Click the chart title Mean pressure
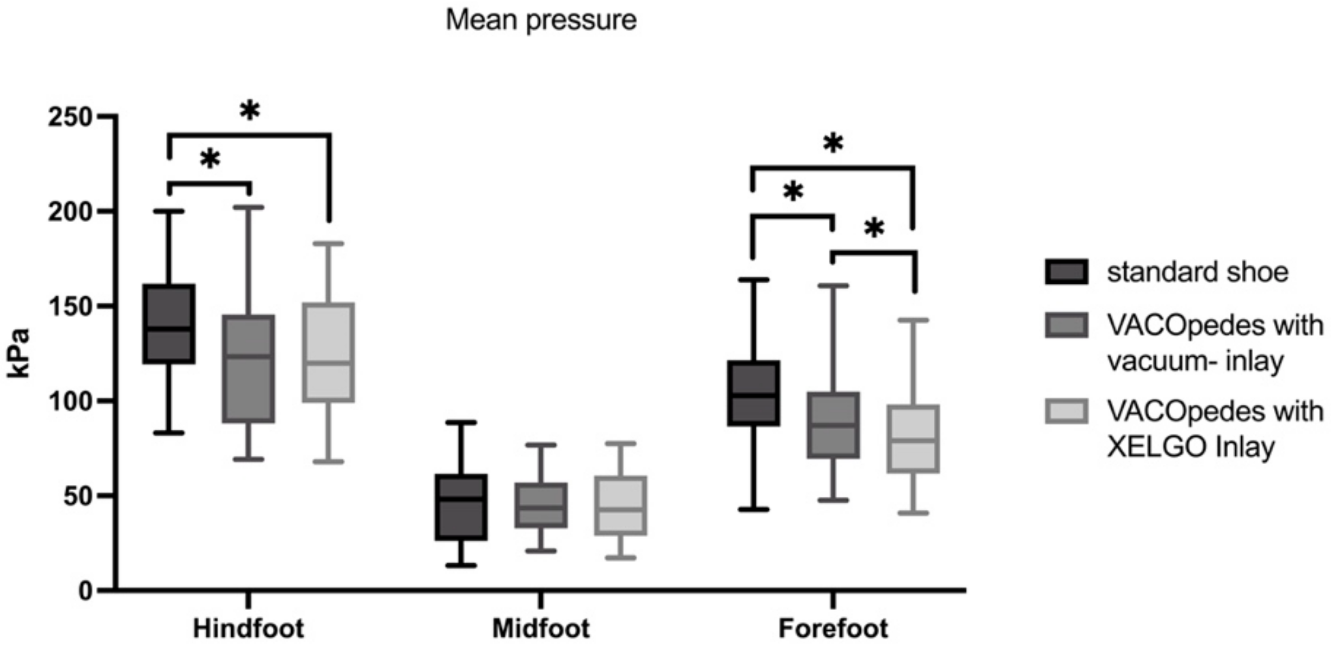point(541,21)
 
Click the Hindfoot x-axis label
point(249,629)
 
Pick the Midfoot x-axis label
point(541,629)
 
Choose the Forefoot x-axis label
point(833,629)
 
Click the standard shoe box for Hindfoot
point(169,324)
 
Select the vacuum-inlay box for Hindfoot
point(249,368)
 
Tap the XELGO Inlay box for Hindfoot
point(329,352)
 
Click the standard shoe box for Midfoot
point(461,507)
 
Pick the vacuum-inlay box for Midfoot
point(541,505)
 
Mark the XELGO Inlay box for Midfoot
point(621,505)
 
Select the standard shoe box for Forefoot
point(754,393)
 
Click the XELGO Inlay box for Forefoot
point(913,438)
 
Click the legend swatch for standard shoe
point(1067,272)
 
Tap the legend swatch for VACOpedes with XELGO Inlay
point(1067,411)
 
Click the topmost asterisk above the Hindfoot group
point(250,111)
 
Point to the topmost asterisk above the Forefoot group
point(833,143)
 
